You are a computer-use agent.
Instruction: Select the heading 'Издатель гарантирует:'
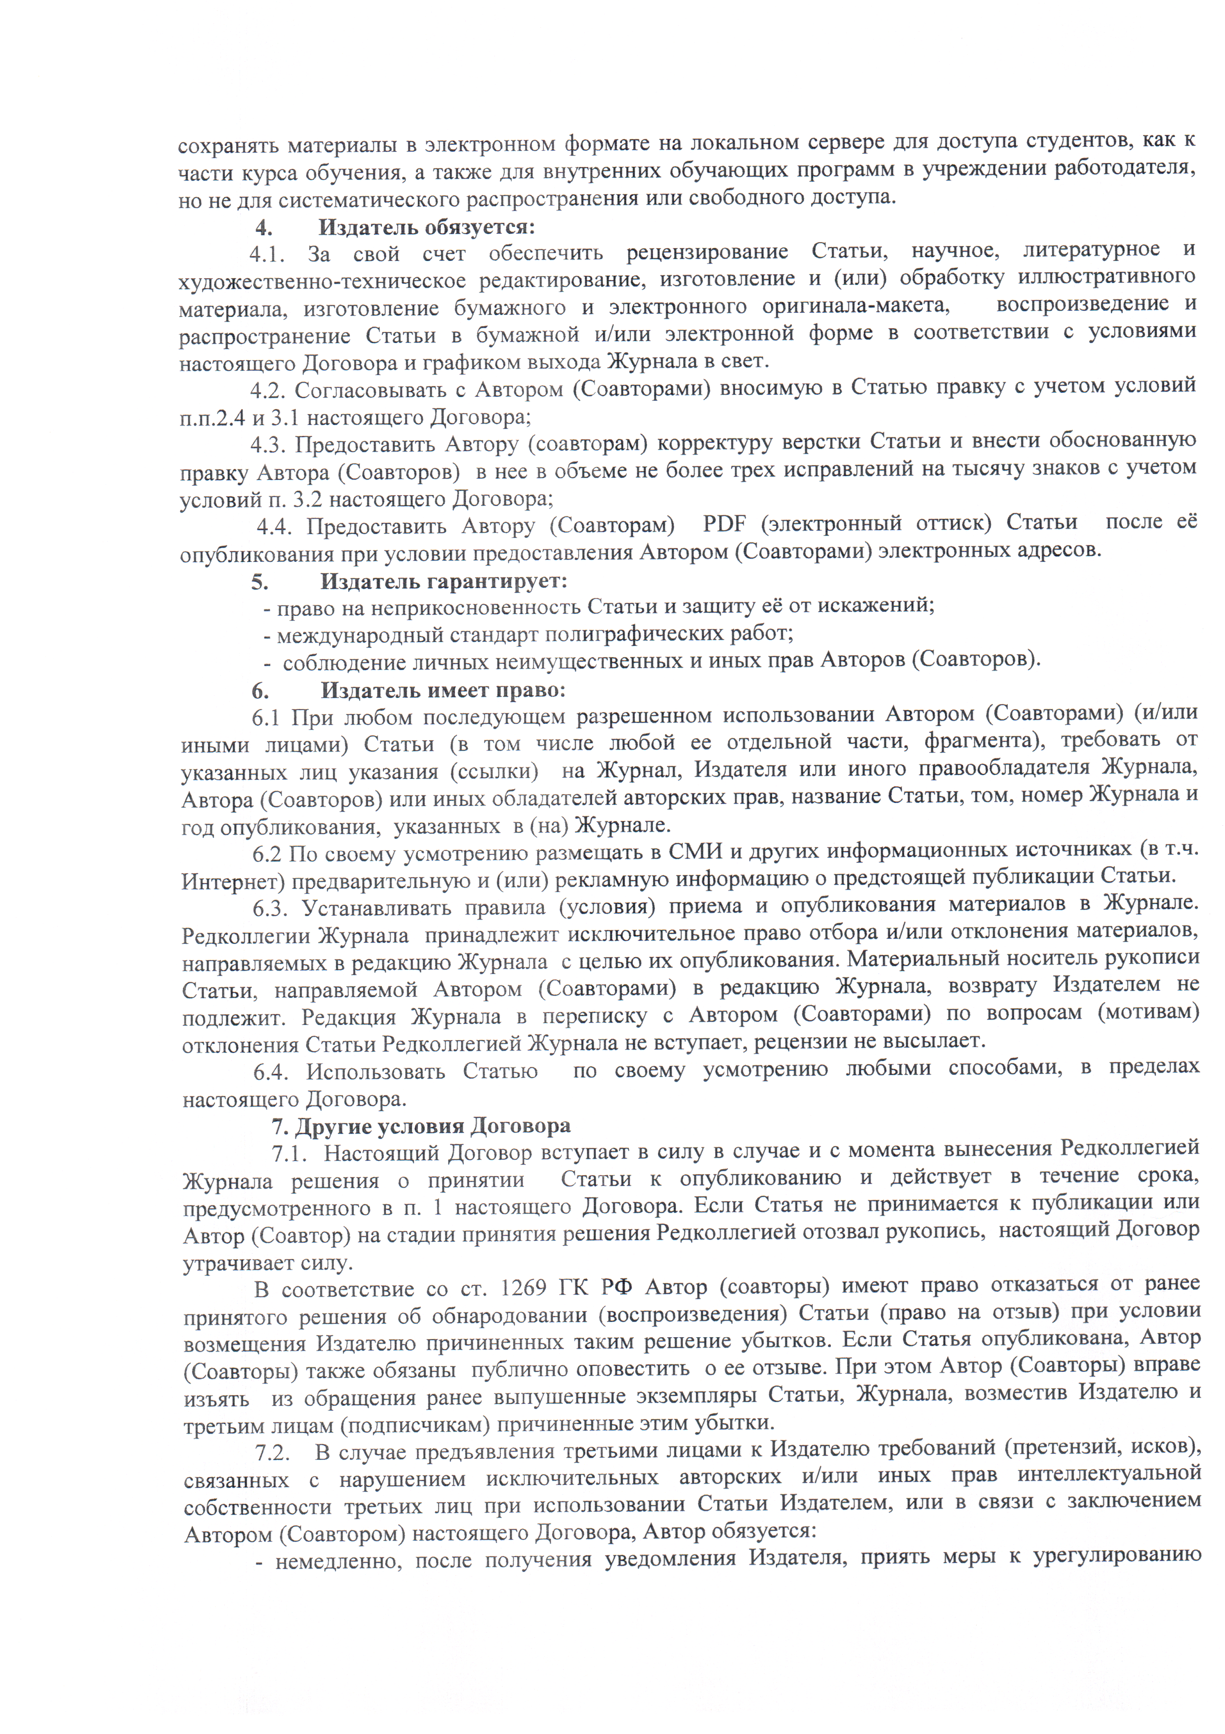(x=444, y=582)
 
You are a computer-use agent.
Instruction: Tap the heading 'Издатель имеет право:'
(x=443, y=690)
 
